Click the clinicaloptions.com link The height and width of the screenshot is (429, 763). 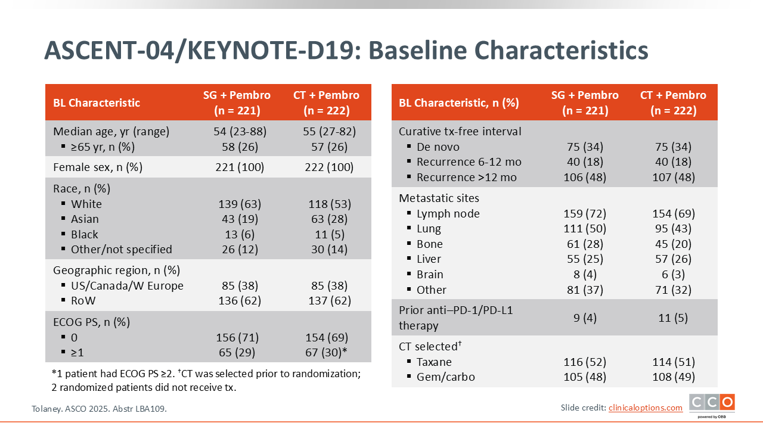(646, 408)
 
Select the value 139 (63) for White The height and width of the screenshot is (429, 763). (240, 204)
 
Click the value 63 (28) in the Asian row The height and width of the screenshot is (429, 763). (329, 219)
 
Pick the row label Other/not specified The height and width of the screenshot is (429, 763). (121, 249)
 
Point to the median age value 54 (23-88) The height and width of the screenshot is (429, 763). (240, 132)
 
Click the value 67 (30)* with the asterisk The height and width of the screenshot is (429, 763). (326, 352)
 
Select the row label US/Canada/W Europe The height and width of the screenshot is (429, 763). (127, 285)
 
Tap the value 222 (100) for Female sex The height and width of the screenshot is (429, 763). (329, 167)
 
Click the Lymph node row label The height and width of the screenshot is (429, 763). (448, 213)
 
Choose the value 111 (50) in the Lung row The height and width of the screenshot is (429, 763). (585, 228)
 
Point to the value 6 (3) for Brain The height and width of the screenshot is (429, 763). (674, 275)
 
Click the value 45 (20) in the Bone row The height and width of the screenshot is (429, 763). (674, 244)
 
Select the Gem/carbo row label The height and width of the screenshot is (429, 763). (445, 377)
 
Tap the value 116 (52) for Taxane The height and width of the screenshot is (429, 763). (585, 362)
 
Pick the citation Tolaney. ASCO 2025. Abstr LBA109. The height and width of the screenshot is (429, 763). (99, 409)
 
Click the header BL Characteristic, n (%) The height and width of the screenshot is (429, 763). (459, 103)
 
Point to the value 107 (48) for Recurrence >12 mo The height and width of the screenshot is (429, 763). (674, 178)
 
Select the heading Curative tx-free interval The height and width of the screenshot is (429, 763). (460, 132)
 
